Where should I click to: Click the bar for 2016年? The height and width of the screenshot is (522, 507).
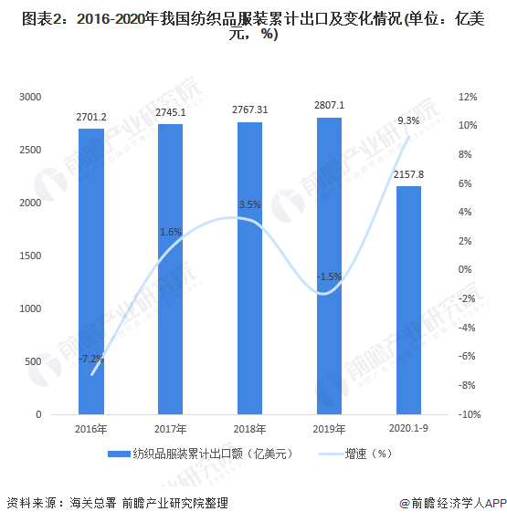tap(91, 271)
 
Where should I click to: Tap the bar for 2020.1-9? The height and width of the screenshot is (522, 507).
tap(407, 300)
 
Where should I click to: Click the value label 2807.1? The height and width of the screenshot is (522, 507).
tap(328, 106)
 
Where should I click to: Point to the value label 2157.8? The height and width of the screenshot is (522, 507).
tap(407, 173)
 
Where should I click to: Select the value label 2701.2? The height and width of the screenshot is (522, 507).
tap(91, 117)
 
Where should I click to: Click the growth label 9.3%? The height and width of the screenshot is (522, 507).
tap(408, 120)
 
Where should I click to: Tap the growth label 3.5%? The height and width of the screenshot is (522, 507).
tap(249, 204)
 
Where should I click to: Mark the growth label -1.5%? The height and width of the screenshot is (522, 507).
tap(329, 277)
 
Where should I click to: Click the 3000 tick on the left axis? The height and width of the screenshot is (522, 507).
tap(31, 97)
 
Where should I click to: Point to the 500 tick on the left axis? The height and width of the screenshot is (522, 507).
tap(34, 362)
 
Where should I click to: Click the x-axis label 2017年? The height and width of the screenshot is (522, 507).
tap(171, 429)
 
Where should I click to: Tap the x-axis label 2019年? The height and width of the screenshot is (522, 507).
tap(329, 429)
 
